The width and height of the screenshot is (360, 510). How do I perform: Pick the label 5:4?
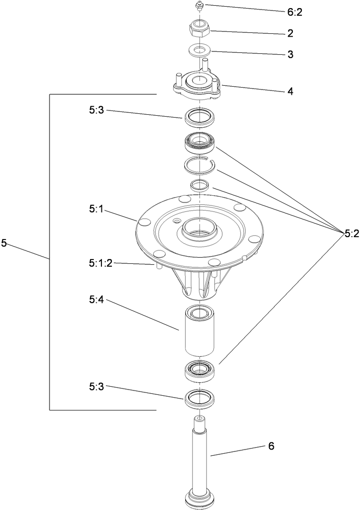pos(97,300)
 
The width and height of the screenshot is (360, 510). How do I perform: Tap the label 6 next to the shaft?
pos(271,446)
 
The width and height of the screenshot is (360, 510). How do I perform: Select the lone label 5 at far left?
pos(4,243)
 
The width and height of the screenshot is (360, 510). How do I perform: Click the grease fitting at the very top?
pos(199,6)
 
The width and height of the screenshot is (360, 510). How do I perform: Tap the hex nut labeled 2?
pos(199,29)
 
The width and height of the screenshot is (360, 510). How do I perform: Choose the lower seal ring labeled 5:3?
pos(200,397)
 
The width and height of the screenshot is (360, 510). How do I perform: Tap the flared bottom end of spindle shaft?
pos(200,498)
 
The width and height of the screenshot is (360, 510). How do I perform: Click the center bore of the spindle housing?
pos(199,227)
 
